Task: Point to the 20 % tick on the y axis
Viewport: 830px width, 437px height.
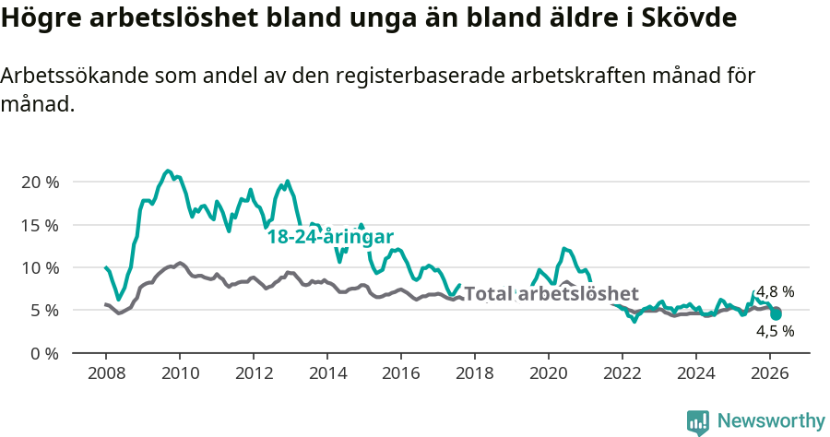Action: (40, 182)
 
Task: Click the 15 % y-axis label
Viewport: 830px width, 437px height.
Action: (40, 225)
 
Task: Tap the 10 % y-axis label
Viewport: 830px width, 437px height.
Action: (40, 267)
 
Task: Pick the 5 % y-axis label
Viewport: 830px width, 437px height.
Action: (43, 311)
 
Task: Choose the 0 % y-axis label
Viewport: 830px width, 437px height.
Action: (43, 353)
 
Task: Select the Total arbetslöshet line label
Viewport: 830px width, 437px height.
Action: (551, 294)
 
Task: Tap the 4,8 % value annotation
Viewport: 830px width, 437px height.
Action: (775, 292)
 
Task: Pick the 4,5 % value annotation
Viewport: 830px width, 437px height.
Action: (775, 330)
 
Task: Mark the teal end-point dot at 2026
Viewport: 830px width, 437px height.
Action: (777, 314)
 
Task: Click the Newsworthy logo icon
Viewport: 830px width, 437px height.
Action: (698, 421)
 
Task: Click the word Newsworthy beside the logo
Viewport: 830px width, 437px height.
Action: (771, 421)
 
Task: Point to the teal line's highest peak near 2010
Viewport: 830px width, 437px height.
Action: (167, 171)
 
